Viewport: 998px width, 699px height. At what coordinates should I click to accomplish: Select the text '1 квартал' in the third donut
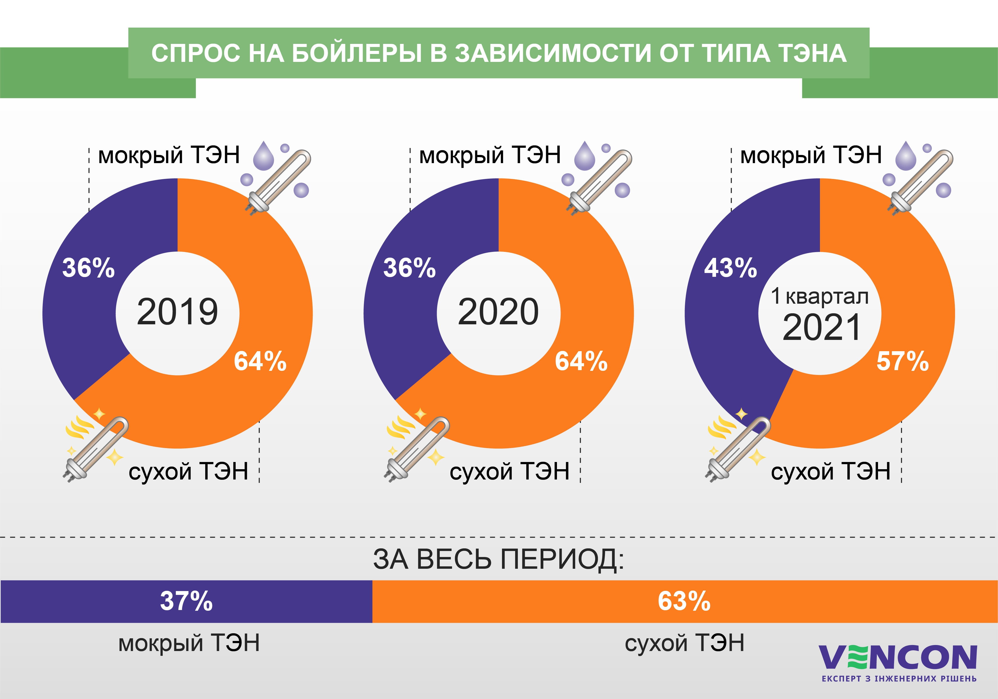(x=820, y=296)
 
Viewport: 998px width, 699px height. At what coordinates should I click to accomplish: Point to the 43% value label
(x=731, y=268)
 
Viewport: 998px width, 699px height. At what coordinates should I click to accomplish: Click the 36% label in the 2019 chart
(x=89, y=268)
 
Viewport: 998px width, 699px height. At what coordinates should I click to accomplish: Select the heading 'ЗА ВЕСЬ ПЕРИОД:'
(x=499, y=559)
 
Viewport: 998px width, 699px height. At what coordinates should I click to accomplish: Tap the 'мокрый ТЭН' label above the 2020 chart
(x=490, y=155)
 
